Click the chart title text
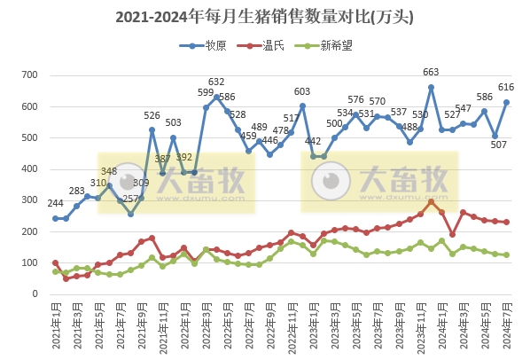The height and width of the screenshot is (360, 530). [x=265, y=17]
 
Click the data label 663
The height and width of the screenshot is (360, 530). [x=431, y=73]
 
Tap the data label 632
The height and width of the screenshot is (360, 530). [x=216, y=82]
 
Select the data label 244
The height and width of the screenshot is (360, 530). [x=55, y=203]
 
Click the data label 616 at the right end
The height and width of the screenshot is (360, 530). [x=507, y=87]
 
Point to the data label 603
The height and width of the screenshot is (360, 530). [x=302, y=91]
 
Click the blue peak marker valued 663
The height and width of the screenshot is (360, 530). [x=431, y=88]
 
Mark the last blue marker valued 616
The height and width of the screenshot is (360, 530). [x=506, y=102]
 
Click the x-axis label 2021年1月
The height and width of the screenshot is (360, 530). [x=56, y=326]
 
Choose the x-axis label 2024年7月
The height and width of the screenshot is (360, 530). [x=506, y=326]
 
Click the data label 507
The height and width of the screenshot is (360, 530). [x=496, y=145]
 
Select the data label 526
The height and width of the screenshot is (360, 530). [x=152, y=116]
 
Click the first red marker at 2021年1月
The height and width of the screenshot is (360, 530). [x=55, y=263]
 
